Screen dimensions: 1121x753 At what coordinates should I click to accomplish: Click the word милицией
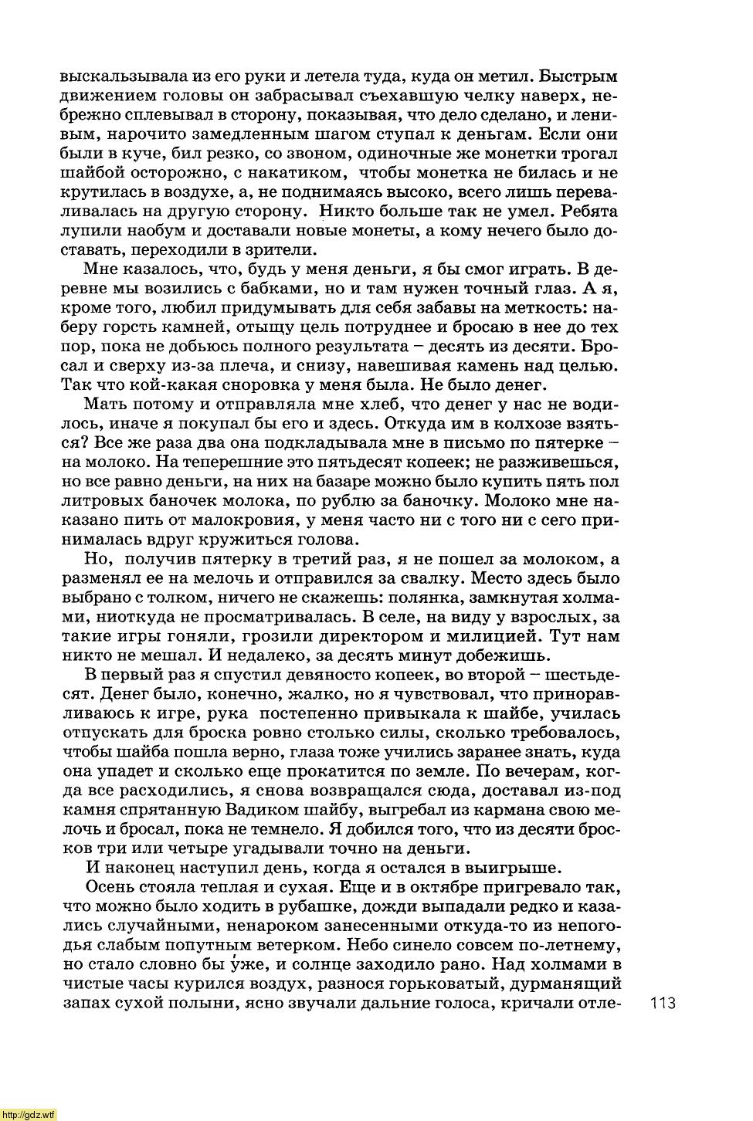pyautogui.click(x=495, y=637)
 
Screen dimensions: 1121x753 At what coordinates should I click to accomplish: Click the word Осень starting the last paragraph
pyautogui.click(x=114, y=888)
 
